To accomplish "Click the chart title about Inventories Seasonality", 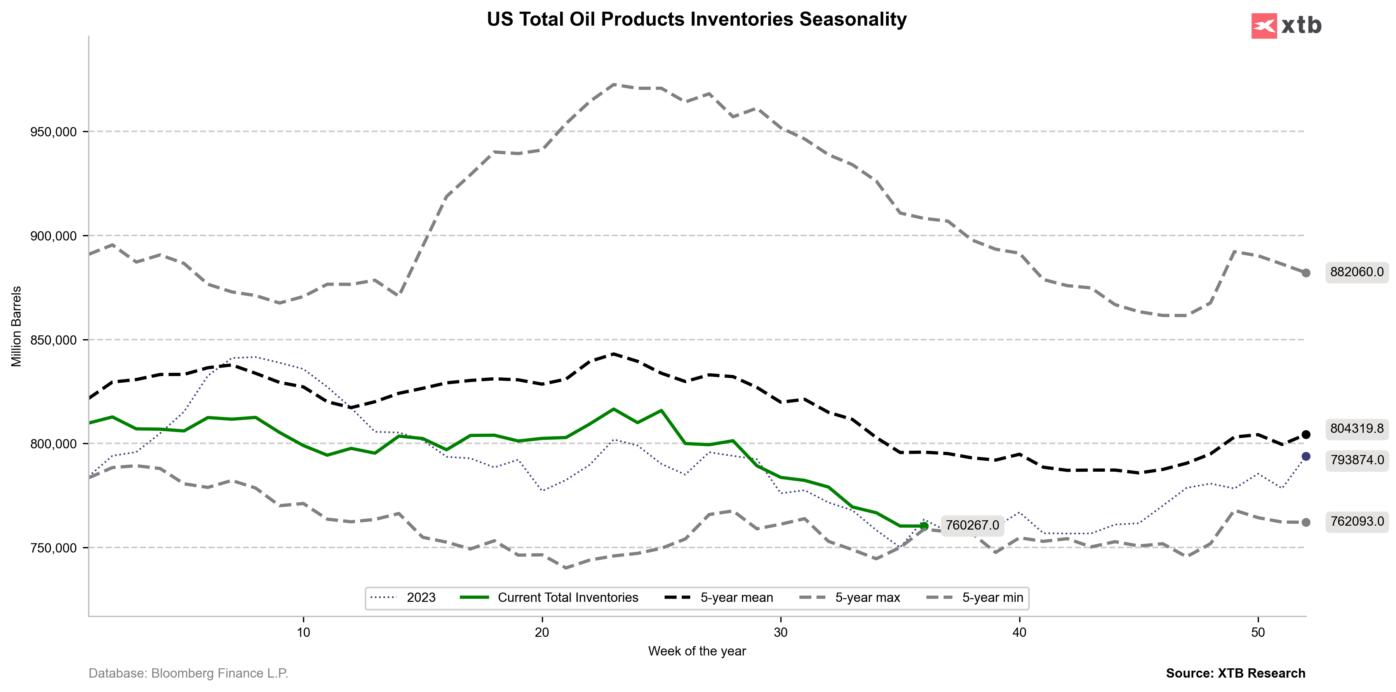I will coord(696,19).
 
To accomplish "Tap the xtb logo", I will coord(1286,26).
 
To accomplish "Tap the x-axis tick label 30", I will coord(780,633).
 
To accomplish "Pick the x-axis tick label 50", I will coord(1258,633).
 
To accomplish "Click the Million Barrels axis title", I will coord(17,326).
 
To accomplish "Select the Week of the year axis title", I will coord(697,651).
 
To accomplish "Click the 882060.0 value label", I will coord(1356,272).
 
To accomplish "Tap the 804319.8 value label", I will coord(1356,429).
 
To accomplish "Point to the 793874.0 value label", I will coord(1356,460).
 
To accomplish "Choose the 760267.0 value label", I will coord(972,525).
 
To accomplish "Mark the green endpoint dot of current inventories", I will coord(924,526).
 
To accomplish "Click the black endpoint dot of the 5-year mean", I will coord(1306,435).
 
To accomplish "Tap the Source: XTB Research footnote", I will coord(1236,674).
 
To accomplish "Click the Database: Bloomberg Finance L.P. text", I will coord(189,674).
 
